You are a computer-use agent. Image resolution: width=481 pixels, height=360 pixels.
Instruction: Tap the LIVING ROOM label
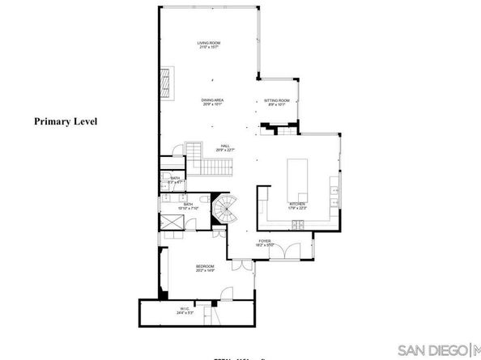[209, 43]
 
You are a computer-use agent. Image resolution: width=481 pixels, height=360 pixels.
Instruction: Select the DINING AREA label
[212, 100]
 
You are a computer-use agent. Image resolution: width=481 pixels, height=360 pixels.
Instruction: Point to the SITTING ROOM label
[278, 100]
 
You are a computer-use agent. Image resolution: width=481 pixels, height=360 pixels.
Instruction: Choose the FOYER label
[264, 239]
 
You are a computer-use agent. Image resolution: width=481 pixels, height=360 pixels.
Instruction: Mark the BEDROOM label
[205, 266]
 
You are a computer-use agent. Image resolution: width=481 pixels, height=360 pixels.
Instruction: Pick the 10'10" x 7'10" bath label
[188, 206]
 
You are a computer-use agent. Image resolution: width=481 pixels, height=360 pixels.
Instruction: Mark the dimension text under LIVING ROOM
[209, 48]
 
